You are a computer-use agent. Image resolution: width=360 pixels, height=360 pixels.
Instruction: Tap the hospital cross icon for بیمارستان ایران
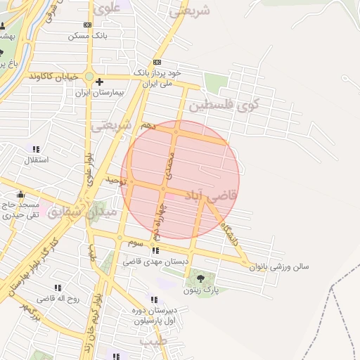point(100,82)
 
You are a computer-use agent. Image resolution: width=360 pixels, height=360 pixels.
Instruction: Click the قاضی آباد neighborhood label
point(214,192)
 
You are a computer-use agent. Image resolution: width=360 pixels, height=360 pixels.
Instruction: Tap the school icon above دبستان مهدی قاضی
point(155,250)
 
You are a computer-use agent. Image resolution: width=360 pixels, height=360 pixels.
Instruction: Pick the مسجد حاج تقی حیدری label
point(20,210)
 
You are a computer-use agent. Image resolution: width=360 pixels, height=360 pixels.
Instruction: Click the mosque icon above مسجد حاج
point(20,195)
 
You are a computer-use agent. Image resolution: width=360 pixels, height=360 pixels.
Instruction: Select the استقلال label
point(36,160)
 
